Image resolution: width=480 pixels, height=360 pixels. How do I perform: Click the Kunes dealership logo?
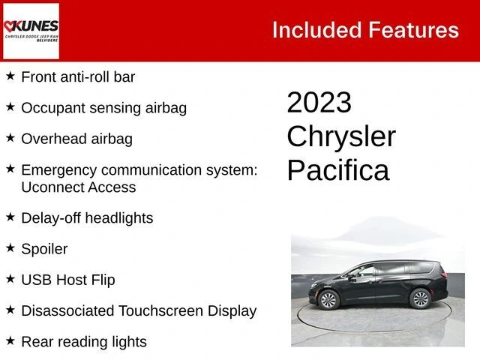coord(31,31)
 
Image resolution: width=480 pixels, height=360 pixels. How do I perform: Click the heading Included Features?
coord(365,30)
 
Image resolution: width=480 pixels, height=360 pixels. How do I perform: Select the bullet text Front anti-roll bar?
coord(78,76)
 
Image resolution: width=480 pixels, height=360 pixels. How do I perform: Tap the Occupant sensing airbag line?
coord(103,107)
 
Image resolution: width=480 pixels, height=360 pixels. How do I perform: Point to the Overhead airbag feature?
coord(76,139)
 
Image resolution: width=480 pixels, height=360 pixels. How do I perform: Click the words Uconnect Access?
coord(78,187)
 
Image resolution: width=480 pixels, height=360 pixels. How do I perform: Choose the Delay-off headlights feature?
coord(87,218)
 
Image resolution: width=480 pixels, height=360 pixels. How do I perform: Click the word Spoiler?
coord(44,249)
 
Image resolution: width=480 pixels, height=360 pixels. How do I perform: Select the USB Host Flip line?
coord(67,280)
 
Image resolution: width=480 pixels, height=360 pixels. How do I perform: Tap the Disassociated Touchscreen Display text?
coord(139,310)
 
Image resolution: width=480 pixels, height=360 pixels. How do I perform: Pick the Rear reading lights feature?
coord(84,342)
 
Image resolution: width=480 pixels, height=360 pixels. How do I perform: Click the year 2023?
coord(319,103)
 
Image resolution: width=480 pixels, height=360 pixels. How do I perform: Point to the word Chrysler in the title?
coord(341,136)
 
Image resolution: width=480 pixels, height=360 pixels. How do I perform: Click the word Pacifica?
coord(337,170)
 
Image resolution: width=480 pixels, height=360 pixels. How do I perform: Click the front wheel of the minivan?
coord(328,300)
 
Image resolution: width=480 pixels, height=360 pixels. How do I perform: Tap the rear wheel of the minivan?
coord(420,299)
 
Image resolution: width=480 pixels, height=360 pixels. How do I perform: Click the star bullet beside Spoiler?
coord(10,247)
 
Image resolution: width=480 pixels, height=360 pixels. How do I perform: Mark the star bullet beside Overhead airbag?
coord(10,137)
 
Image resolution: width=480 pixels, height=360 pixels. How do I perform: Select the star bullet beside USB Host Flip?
coord(10,278)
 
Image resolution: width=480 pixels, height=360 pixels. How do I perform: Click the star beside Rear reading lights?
coord(10,340)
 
